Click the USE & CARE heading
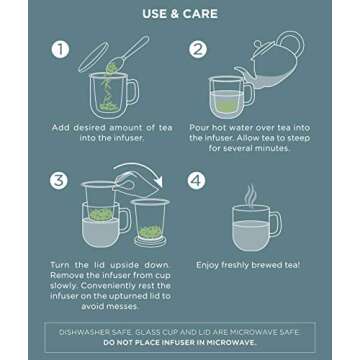179,14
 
